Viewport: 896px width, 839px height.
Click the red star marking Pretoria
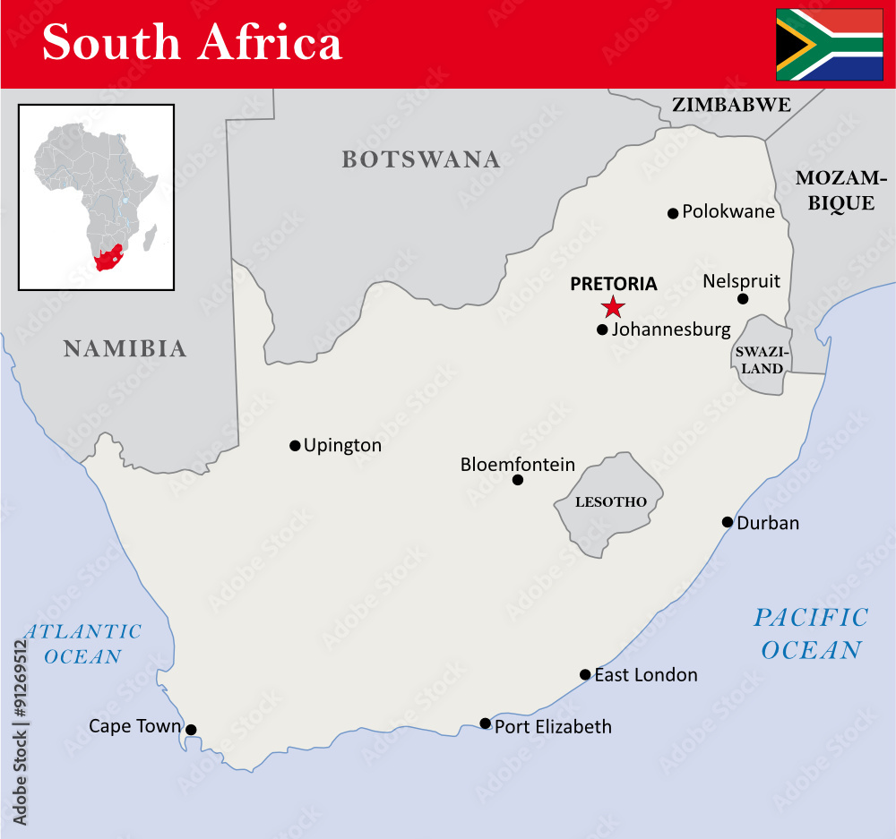click(613, 307)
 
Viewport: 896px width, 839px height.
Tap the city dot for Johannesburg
click(602, 330)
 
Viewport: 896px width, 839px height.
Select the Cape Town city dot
click(191, 730)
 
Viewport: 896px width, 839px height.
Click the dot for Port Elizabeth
click(485, 723)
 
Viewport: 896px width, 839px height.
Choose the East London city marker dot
click(585, 674)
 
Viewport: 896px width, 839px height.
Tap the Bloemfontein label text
click(517, 465)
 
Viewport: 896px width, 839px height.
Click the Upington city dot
click(295, 445)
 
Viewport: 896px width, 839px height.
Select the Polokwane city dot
click(673, 213)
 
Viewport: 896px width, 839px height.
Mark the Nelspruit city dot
click(743, 298)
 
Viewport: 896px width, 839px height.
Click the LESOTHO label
click(610, 501)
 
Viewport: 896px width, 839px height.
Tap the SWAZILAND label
click(760, 360)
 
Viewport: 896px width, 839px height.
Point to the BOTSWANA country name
click(420, 160)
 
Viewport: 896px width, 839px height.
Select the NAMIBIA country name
click(125, 348)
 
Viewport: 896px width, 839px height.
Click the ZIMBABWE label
click(731, 105)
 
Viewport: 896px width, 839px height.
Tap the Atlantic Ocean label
click(82, 644)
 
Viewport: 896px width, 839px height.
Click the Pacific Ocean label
click(811, 633)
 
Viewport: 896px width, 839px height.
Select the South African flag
click(829, 44)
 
